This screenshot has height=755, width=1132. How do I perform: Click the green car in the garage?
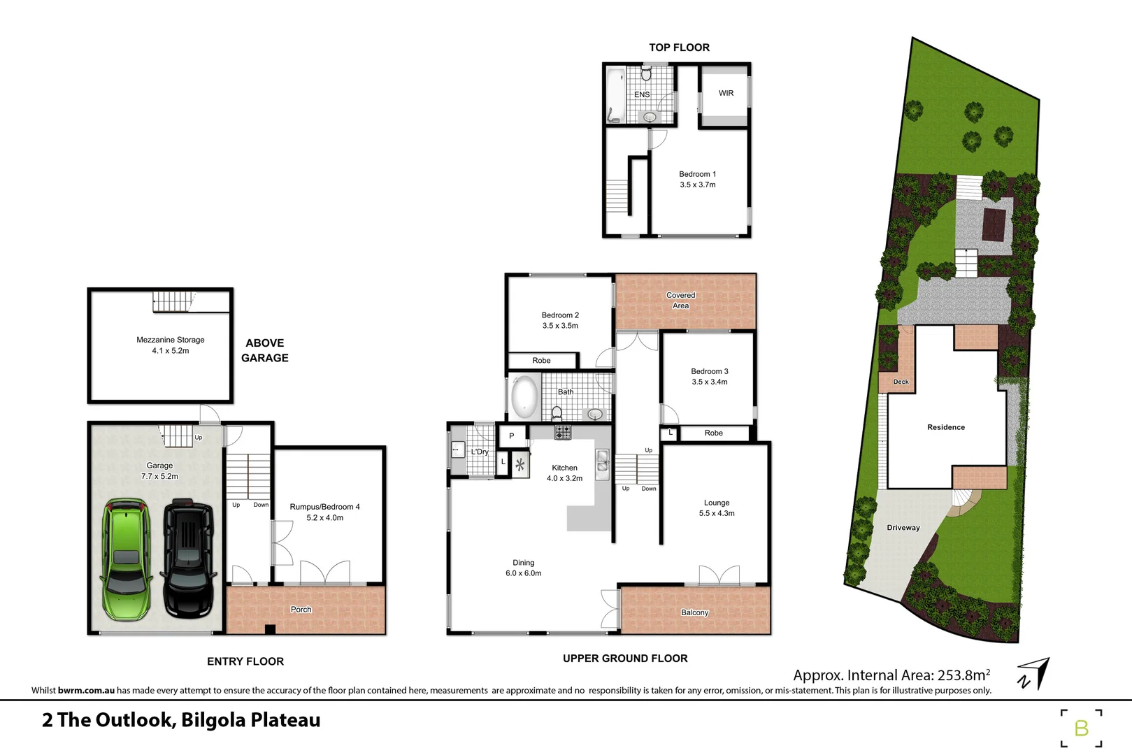click(127, 559)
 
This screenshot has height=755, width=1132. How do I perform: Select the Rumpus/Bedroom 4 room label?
click(324, 507)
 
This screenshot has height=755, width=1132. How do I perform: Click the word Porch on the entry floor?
click(301, 610)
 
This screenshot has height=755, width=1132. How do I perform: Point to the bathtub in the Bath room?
click(524, 398)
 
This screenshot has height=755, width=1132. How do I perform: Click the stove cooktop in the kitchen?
click(563, 433)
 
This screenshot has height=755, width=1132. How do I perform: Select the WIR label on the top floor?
click(726, 93)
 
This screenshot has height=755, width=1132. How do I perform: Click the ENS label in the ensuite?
click(642, 94)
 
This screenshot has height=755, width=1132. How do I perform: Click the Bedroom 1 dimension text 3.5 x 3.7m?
click(697, 185)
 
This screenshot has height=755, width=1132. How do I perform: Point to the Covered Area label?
click(680, 301)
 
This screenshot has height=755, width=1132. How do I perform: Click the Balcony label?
click(694, 612)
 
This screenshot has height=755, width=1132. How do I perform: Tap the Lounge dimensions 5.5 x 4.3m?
click(717, 513)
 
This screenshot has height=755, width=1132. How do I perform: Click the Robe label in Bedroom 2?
click(541, 361)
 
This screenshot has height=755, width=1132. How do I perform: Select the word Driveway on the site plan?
click(903, 528)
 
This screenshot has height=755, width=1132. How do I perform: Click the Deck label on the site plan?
click(901, 382)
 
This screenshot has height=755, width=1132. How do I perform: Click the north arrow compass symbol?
click(1035, 673)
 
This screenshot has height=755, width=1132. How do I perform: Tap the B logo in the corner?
click(1081, 728)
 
